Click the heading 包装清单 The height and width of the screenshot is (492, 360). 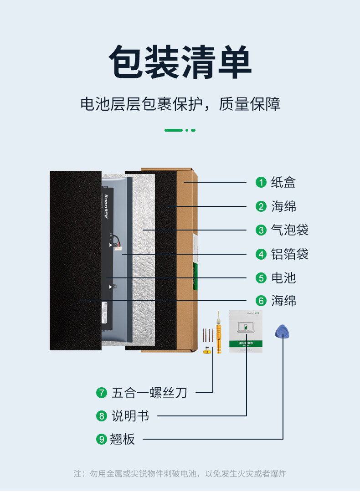click(180, 62)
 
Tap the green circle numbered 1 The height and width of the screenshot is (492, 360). click(261, 182)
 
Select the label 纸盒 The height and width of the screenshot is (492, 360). click(283, 182)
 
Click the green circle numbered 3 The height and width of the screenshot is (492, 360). click(261, 230)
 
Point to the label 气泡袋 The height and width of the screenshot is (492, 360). click(290, 230)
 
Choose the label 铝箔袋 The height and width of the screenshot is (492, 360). click(290, 254)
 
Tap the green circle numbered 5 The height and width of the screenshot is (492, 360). click(261, 277)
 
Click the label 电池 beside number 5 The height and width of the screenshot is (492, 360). click(283, 277)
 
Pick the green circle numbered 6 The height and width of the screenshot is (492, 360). click(261, 301)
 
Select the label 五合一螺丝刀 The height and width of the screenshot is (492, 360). click(149, 392)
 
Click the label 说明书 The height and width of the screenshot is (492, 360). click(130, 415)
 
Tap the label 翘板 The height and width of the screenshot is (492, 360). click(123, 439)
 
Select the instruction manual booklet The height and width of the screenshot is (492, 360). click(246, 331)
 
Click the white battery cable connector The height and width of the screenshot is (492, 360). click(119, 246)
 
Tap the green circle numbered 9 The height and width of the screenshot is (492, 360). click(101, 439)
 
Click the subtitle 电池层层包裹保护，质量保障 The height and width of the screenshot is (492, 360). click(180, 104)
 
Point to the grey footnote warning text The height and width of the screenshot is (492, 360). click(180, 474)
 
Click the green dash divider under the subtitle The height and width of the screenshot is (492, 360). click(180, 130)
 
